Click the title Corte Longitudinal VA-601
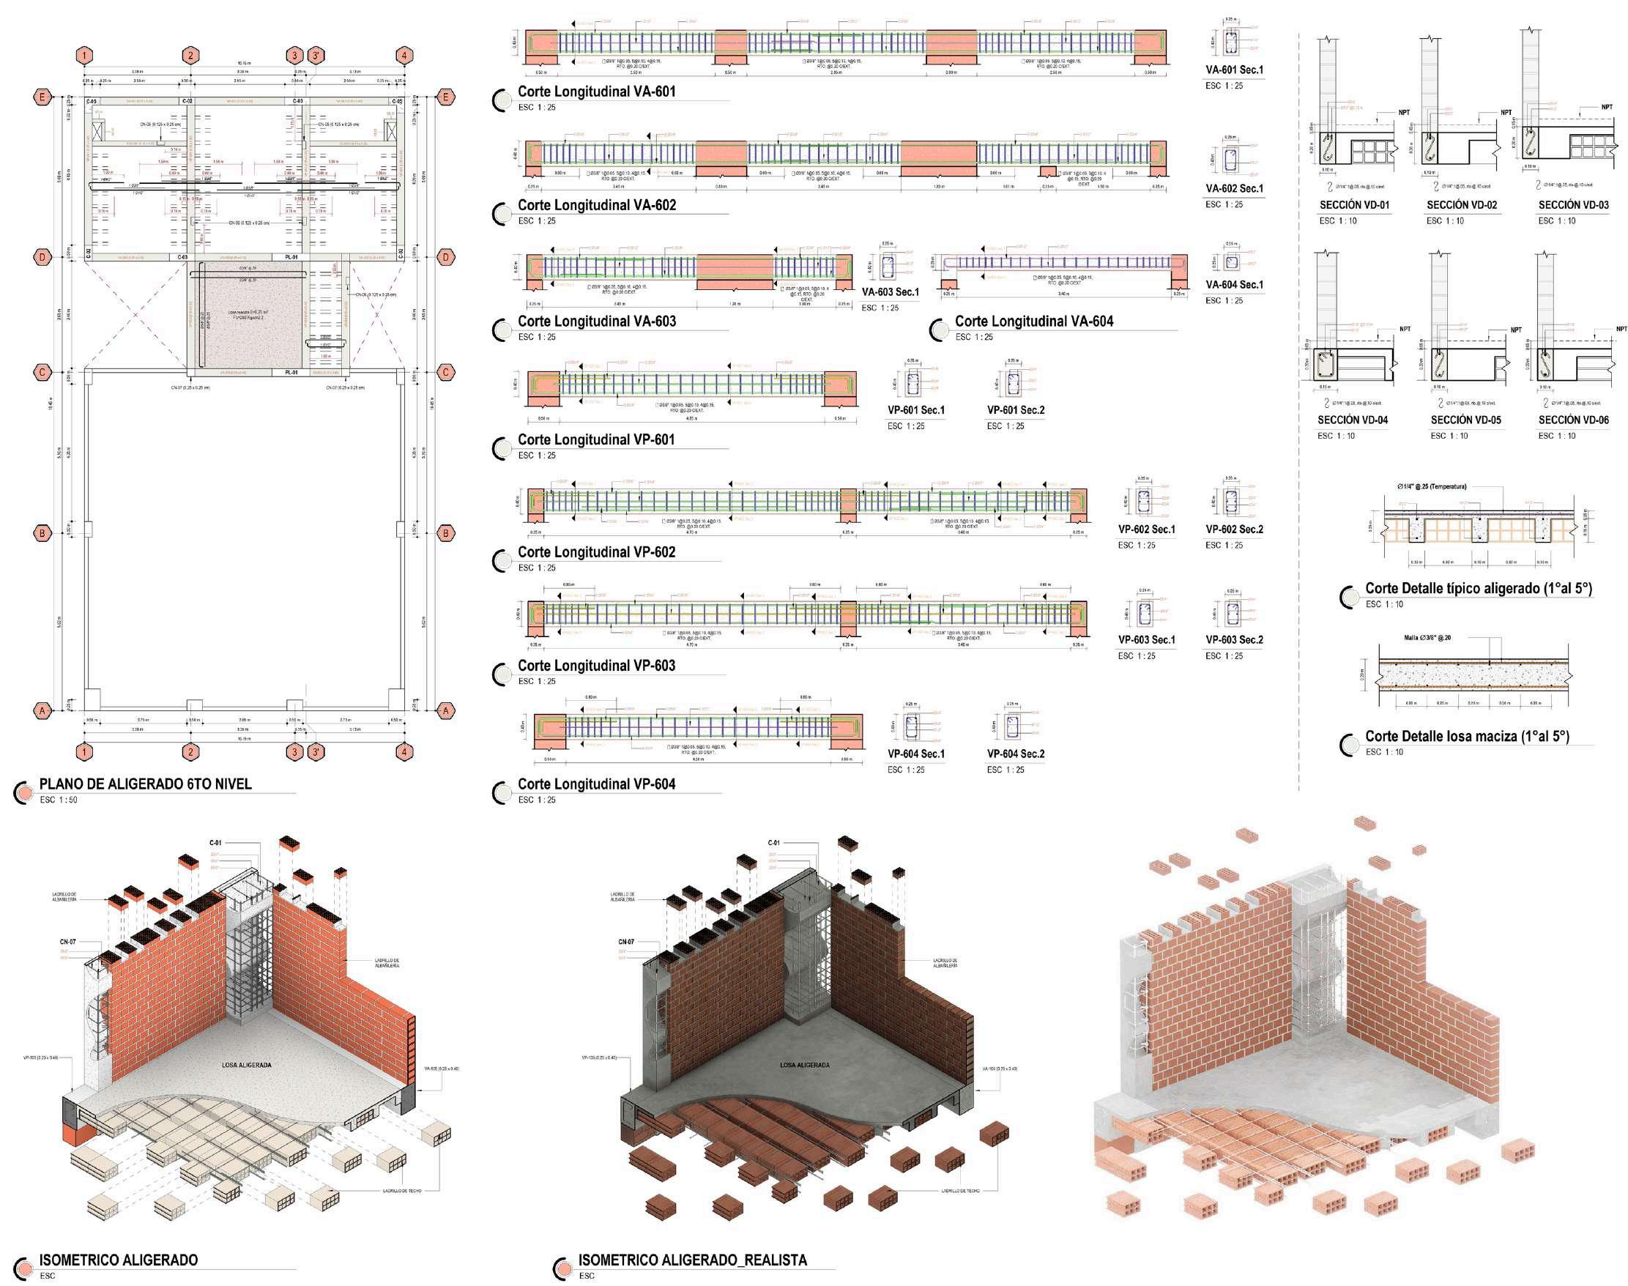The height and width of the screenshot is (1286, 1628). pyautogui.click(x=596, y=92)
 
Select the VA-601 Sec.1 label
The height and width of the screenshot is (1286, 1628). pyautogui.click(x=1234, y=70)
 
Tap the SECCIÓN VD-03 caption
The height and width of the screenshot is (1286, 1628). pyautogui.click(x=1573, y=205)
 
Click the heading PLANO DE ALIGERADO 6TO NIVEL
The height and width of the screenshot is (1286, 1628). pyautogui.click(x=145, y=784)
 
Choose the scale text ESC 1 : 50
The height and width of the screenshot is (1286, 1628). pyautogui.click(x=59, y=800)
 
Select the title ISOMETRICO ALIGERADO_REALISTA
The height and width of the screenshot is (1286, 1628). pyautogui.click(x=692, y=1260)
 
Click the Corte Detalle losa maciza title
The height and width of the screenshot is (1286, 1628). pyautogui.click(x=1467, y=736)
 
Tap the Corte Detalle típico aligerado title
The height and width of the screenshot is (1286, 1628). pyautogui.click(x=1478, y=589)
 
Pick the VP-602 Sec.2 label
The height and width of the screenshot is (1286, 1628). pyautogui.click(x=1234, y=529)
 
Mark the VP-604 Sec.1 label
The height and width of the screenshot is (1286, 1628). pyautogui.click(x=915, y=754)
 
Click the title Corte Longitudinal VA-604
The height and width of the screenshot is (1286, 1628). pyautogui.click(x=1034, y=321)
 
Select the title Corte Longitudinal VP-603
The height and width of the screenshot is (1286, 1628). pyautogui.click(x=596, y=666)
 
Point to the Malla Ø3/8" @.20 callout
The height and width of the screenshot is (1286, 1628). pyautogui.click(x=1427, y=638)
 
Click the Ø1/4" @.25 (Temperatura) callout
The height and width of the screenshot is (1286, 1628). pyautogui.click(x=1432, y=486)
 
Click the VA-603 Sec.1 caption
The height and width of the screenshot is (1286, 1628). pyautogui.click(x=890, y=292)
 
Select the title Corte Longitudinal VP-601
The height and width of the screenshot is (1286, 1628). pyautogui.click(x=596, y=439)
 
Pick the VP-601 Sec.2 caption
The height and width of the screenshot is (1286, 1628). pyautogui.click(x=1015, y=410)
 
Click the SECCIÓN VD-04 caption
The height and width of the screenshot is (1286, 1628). pyautogui.click(x=1353, y=420)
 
